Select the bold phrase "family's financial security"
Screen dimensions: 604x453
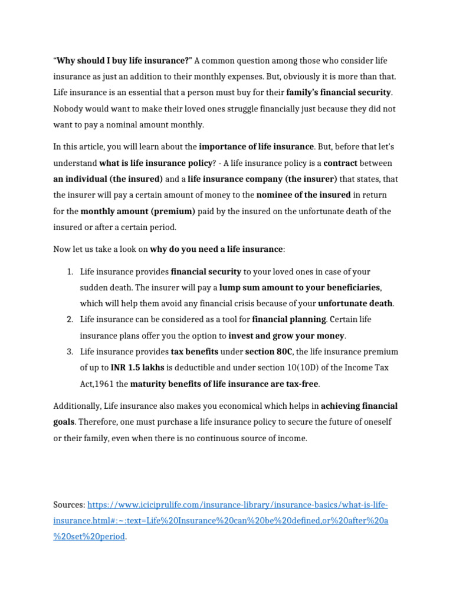(339, 93)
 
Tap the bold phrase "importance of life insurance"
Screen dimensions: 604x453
(257, 146)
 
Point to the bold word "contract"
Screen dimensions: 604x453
(340, 163)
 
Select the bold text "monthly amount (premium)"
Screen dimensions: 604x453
(137, 211)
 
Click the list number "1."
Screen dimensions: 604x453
(69, 272)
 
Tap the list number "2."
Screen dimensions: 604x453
(69, 320)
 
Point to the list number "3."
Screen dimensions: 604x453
(69, 352)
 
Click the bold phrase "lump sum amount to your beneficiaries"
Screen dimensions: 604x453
(300, 288)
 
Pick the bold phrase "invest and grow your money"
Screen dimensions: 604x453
(287, 336)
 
